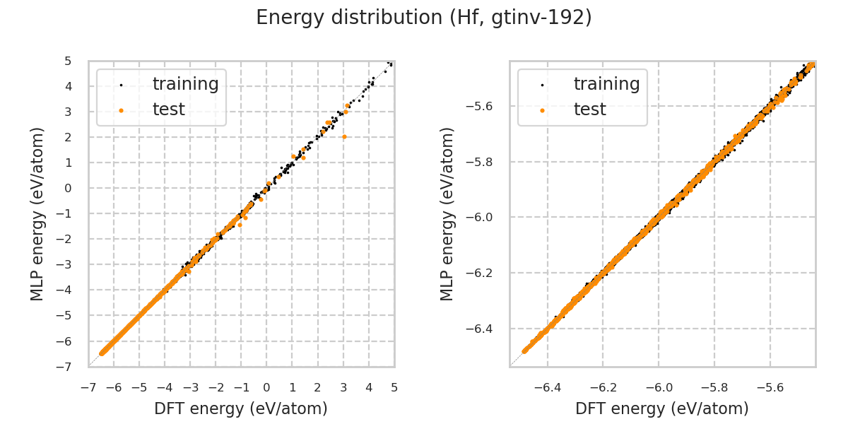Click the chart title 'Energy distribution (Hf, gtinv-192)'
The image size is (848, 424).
[x=424, y=18]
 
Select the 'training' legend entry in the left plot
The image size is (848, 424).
[x=185, y=84]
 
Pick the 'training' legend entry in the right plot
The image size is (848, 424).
[x=606, y=84]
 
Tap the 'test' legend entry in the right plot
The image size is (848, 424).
[x=589, y=110]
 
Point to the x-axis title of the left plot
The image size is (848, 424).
[x=241, y=408]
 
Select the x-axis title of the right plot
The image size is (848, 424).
[x=662, y=408]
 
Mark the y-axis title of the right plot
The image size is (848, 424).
[x=448, y=213]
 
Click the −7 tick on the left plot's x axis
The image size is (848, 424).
[x=88, y=387]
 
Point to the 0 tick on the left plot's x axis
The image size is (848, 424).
[x=266, y=387]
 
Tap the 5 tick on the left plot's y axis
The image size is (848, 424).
[x=68, y=61]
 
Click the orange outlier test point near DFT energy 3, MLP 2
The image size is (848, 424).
[x=344, y=136]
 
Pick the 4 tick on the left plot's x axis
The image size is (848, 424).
[x=369, y=387]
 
